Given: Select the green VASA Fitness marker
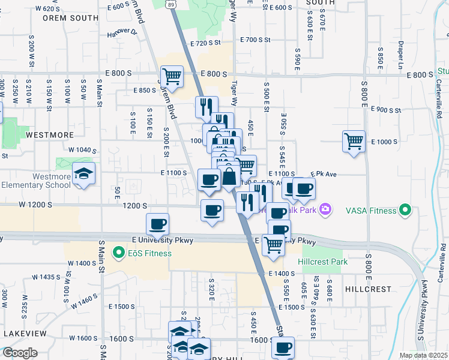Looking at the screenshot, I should pyautogui.click(x=405, y=211).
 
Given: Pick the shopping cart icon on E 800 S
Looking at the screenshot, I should pyautogui.click(x=172, y=77).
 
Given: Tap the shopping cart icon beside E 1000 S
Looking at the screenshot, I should pyautogui.click(x=354, y=142).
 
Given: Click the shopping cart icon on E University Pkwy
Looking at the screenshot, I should pyautogui.click(x=273, y=244).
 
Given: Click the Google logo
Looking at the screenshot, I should pyautogui.click(x=19, y=353).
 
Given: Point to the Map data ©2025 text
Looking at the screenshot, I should pyautogui.click(x=424, y=355).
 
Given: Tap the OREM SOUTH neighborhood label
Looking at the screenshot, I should pyautogui.click(x=70, y=18).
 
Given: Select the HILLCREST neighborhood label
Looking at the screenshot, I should pyautogui.click(x=369, y=289).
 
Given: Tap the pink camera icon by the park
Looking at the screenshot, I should pyautogui.click(x=325, y=209).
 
